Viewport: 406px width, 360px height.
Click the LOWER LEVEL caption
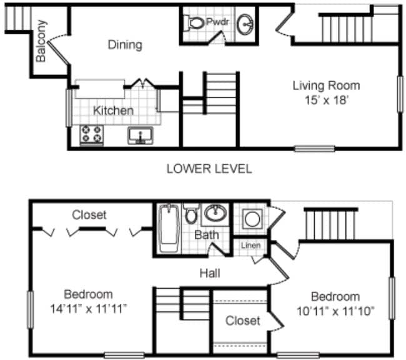209,169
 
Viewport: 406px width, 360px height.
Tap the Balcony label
41,41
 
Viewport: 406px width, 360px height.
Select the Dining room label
125,45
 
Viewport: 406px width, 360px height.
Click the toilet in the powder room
196,24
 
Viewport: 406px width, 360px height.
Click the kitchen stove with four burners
92,133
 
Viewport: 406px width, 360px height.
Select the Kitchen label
113,111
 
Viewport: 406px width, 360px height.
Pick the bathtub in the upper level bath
167,228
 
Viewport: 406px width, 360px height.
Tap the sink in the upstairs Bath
215,213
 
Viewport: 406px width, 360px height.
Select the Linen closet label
251,245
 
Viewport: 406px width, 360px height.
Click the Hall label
209,273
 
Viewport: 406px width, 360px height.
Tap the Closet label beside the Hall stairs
242,321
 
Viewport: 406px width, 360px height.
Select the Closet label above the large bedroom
89,215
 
